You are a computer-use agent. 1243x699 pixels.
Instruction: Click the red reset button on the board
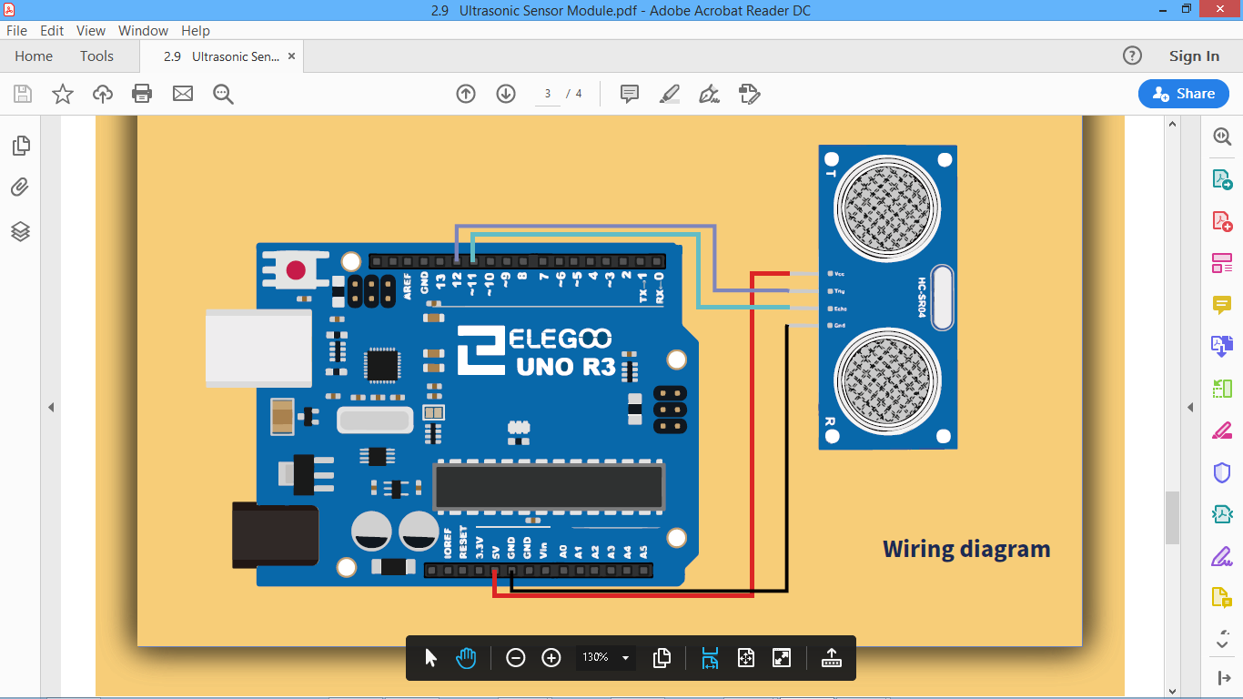[296, 270]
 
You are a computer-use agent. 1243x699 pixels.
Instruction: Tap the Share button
[1183, 94]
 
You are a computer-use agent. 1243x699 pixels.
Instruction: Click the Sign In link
[1194, 56]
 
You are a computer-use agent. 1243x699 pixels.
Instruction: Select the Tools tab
[96, 56]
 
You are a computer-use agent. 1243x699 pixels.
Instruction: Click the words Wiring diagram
[966, 550]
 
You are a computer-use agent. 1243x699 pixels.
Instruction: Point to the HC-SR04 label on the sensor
[921, 298]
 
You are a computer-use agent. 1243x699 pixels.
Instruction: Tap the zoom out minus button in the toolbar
[516, 657]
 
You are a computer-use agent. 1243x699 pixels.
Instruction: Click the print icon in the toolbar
[142, 94]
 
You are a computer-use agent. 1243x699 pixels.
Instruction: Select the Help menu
[195, 30]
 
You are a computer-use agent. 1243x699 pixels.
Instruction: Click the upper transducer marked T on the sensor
[887, 208]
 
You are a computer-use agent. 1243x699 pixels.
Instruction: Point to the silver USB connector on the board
[258, 348]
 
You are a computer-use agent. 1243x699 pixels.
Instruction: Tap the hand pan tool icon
[466, 657]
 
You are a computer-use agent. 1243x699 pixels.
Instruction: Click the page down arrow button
[506, 94]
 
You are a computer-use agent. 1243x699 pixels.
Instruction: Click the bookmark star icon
[63, 94]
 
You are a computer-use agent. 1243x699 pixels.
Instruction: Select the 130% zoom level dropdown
[606, 657]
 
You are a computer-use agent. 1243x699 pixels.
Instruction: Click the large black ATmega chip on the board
[549, 486]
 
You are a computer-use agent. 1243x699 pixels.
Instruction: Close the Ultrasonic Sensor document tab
[292, 56]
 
